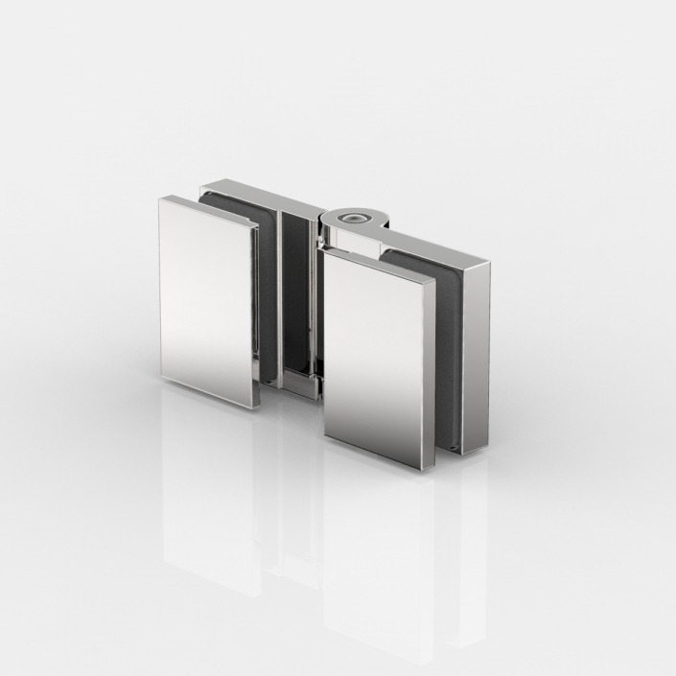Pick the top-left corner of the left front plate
[160, 198]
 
